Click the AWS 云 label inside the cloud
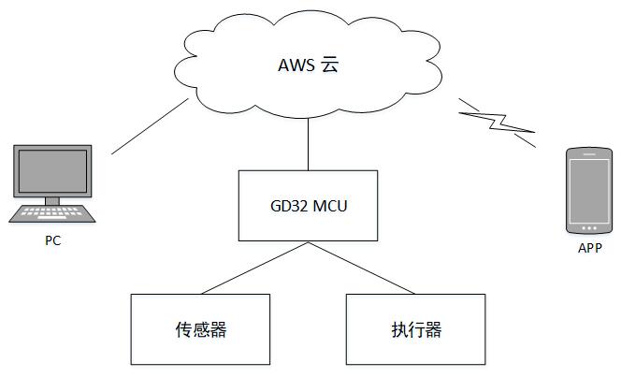point(309,65)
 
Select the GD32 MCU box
point(309,205)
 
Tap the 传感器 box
point(201,329)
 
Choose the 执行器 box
point(416,329)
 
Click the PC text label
point(53,240)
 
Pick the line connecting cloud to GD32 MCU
point(309,146)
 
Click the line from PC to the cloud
point(150,128)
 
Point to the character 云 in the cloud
point(330,65)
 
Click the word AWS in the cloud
point(296,65)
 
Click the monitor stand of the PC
point(53,199)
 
